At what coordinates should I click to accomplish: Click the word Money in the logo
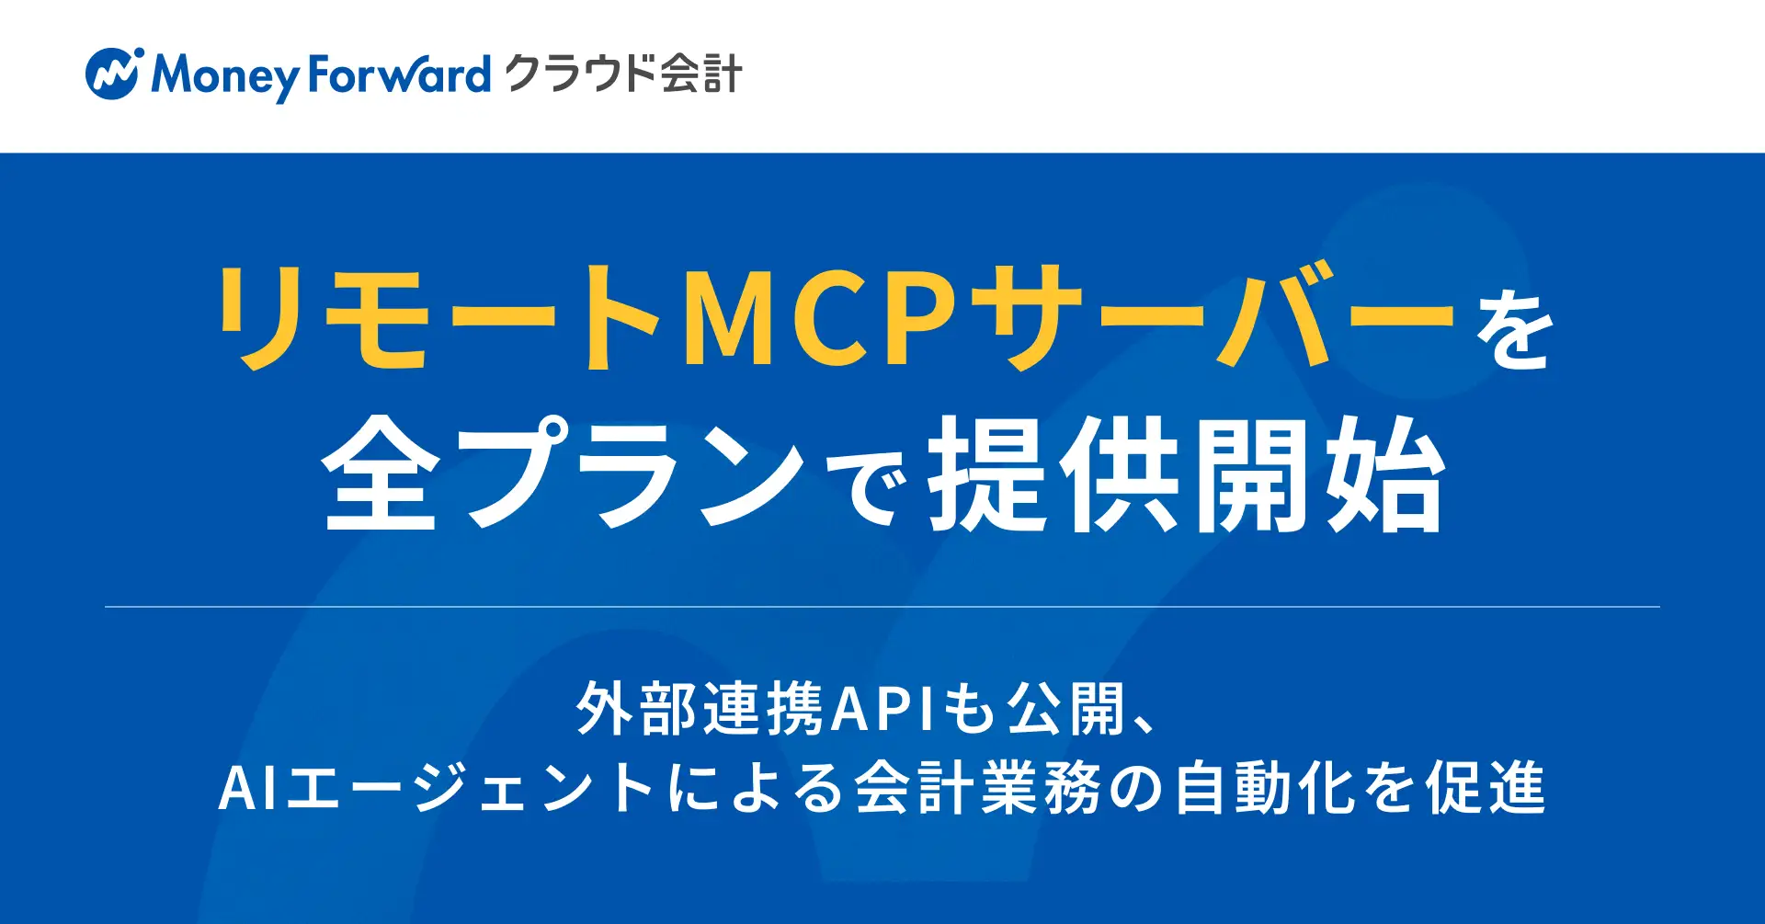coord(226,75)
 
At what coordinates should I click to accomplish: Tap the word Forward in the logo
coord(399,74)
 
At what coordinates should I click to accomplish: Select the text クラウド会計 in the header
coord(623,74)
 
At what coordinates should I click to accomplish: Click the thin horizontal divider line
coord(882,607)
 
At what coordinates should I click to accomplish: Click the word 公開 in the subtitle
coord(1067,710)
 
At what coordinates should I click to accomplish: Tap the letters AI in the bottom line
coord(248,789)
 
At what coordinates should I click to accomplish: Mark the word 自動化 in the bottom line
coord(1265,789)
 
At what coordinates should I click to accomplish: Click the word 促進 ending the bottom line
coord(1485,789)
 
